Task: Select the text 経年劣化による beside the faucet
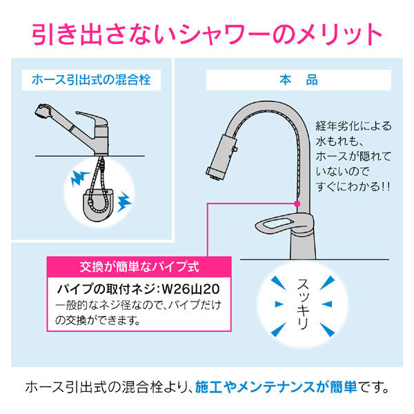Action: [x=353, y=126]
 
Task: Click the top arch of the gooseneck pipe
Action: [x=266, y=103]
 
